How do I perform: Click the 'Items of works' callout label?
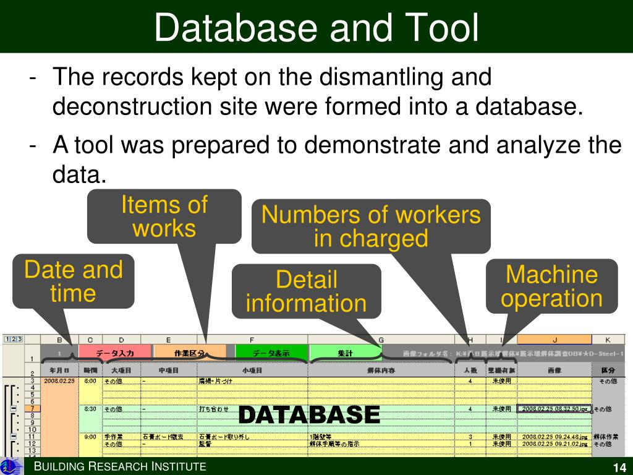point(164,216)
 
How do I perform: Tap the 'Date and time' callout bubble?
point(74,281)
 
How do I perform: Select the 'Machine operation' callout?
point(551,286)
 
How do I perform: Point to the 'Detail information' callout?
point(307,291)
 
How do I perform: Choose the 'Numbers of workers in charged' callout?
point(371,226)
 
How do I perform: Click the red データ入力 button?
point(114,353)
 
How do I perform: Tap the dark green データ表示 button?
point(271,353)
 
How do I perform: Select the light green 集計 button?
point(345,353)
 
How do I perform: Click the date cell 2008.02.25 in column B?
point(59,381)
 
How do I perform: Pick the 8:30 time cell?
point(90,409)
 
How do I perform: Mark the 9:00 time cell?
point(90,437)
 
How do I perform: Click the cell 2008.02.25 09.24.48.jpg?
point(554,437)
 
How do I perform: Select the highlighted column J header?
point(554,339)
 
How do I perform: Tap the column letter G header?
point(381,339)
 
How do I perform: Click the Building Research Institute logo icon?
point(11,466)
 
